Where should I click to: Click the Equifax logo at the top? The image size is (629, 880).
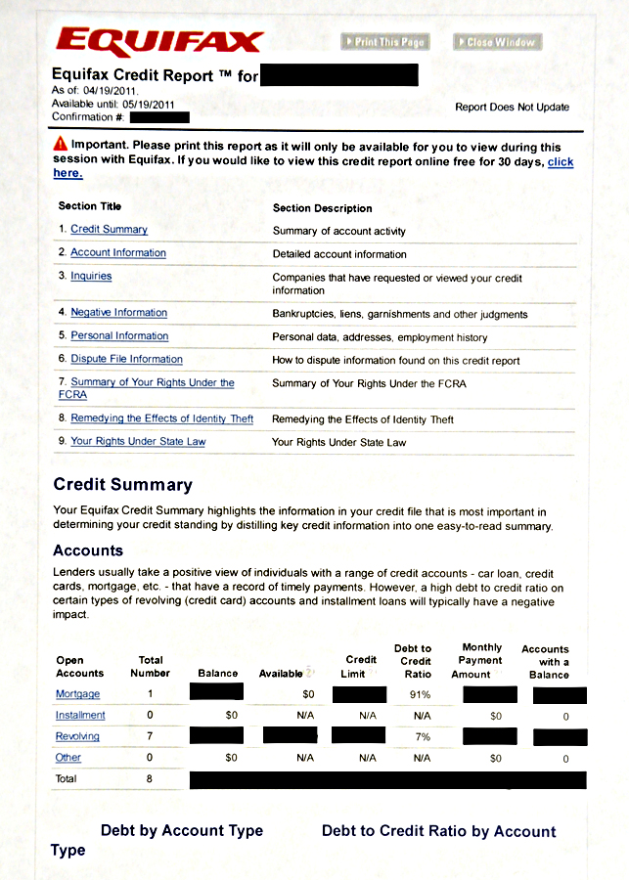[x=159, y=42]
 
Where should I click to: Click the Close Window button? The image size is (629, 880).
[x=497, y=42]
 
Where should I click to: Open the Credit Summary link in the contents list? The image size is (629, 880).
[x=109, y=230]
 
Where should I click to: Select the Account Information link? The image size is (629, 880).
[x=118, y=253]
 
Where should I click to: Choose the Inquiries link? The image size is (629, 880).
[x=91, y=277]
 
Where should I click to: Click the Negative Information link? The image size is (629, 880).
[x=118, y=313]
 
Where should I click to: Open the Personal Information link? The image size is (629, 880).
[x=119, y=336]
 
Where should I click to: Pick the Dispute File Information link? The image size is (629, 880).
[x=126, y=360]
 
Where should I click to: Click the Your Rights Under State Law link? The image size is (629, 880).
[x=138, y=442]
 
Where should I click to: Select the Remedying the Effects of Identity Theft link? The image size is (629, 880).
[x=161, y=419]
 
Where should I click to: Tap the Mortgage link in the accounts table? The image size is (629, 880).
[x=78, y=694]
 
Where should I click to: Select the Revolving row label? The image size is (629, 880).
[x=77, y=736]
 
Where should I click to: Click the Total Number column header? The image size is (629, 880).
[x=151, y=667]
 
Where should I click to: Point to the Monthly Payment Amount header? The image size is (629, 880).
[x=481, y=661]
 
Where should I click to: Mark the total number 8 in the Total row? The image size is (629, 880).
[x=151, y=779]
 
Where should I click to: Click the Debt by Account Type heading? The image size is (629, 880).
[x=182, y=831]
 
